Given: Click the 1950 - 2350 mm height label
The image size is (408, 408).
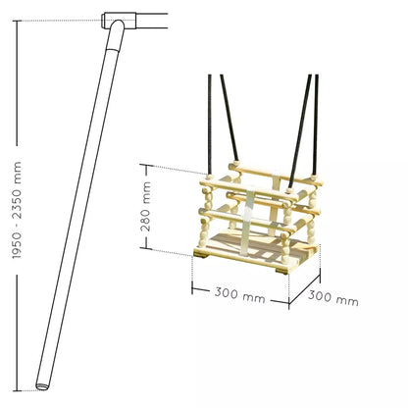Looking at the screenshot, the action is point(17,210).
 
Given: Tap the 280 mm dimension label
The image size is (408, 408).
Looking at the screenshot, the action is point(145,207).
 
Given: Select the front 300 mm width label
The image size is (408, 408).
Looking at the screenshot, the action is point(239,294).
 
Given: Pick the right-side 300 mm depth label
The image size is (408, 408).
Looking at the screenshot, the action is point(333,298).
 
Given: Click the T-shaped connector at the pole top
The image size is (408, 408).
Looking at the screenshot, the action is point(119,21).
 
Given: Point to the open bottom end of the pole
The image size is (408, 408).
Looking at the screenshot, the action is point(42,386).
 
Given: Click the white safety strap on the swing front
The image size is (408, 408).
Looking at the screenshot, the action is point(250,221).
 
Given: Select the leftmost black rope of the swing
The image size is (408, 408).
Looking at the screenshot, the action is point(210,125).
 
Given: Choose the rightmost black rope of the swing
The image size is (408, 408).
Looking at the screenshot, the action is point(316,125).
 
